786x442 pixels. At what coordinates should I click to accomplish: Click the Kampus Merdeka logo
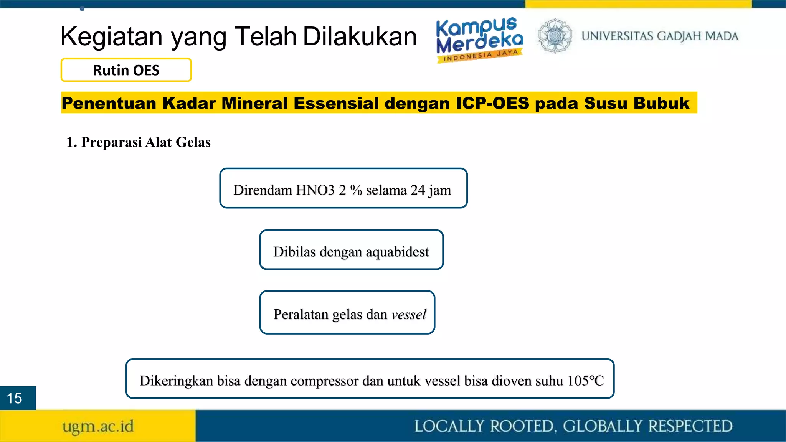click(x=480, y=39)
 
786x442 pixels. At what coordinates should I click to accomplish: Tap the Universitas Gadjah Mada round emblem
click(x=555, y=36)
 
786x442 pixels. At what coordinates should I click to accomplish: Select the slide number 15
click(x=15, y=398)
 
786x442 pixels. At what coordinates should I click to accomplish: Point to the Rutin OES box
click(x=126, y=70)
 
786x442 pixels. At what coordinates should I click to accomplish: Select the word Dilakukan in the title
click(x=360, y=36)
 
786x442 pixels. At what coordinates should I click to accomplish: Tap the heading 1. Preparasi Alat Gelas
click(x=139, y=142)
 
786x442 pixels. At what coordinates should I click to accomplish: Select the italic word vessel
click(x=409, y=315)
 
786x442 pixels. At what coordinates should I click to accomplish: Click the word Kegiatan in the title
click(x=111, y=36)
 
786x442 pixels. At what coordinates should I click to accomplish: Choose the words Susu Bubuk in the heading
click(x=636, y=103)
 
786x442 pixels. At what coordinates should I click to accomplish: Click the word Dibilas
click(x=294, y=252)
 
